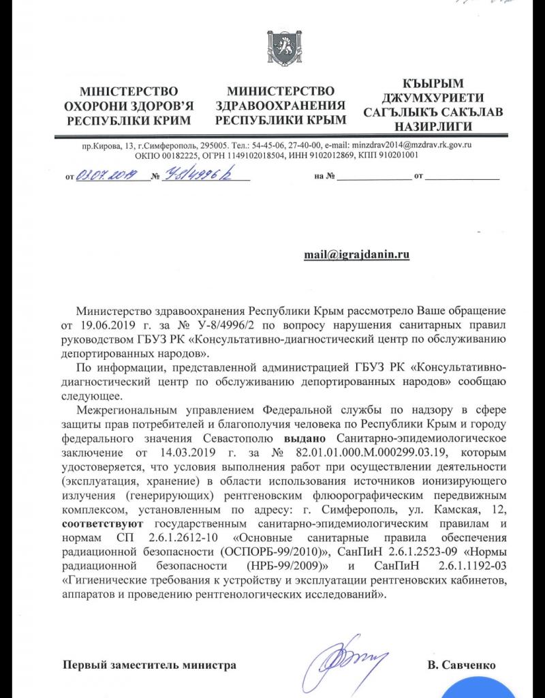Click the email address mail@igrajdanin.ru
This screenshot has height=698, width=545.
click(356, 254)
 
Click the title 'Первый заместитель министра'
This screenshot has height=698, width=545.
click(150, 665)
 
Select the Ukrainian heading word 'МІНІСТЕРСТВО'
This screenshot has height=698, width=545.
click(128, 91)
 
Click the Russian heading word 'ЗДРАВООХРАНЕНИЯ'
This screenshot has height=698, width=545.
click(281, 106)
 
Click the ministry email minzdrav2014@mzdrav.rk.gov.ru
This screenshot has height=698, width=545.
click(407, 146)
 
